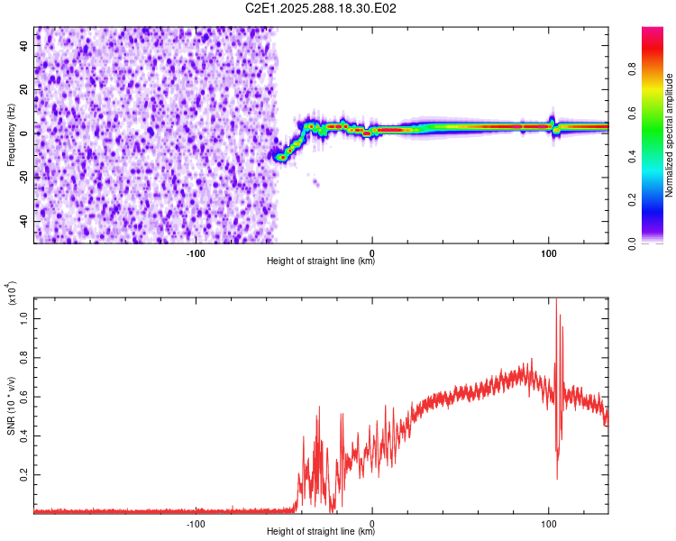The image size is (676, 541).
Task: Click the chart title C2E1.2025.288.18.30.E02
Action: (x=322, y=8)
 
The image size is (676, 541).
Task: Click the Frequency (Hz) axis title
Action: (x=11, y=134)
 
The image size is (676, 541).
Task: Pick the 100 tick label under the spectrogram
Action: (x=548, y=252)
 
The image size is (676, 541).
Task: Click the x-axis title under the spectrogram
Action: (x=321, y=261)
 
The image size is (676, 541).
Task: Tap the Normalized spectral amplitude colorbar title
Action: (x=670, y=135)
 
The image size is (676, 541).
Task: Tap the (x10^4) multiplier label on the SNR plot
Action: (x=13, y=294)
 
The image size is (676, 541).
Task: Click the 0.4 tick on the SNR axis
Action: (x=24, y=435)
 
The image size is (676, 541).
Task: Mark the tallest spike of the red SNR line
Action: (x=556, y=300)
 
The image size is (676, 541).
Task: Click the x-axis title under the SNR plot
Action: (x=321, y=532)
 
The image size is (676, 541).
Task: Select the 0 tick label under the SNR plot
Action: (x=372, y=522)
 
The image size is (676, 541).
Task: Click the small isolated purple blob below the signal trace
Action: (x=315, y=183)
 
